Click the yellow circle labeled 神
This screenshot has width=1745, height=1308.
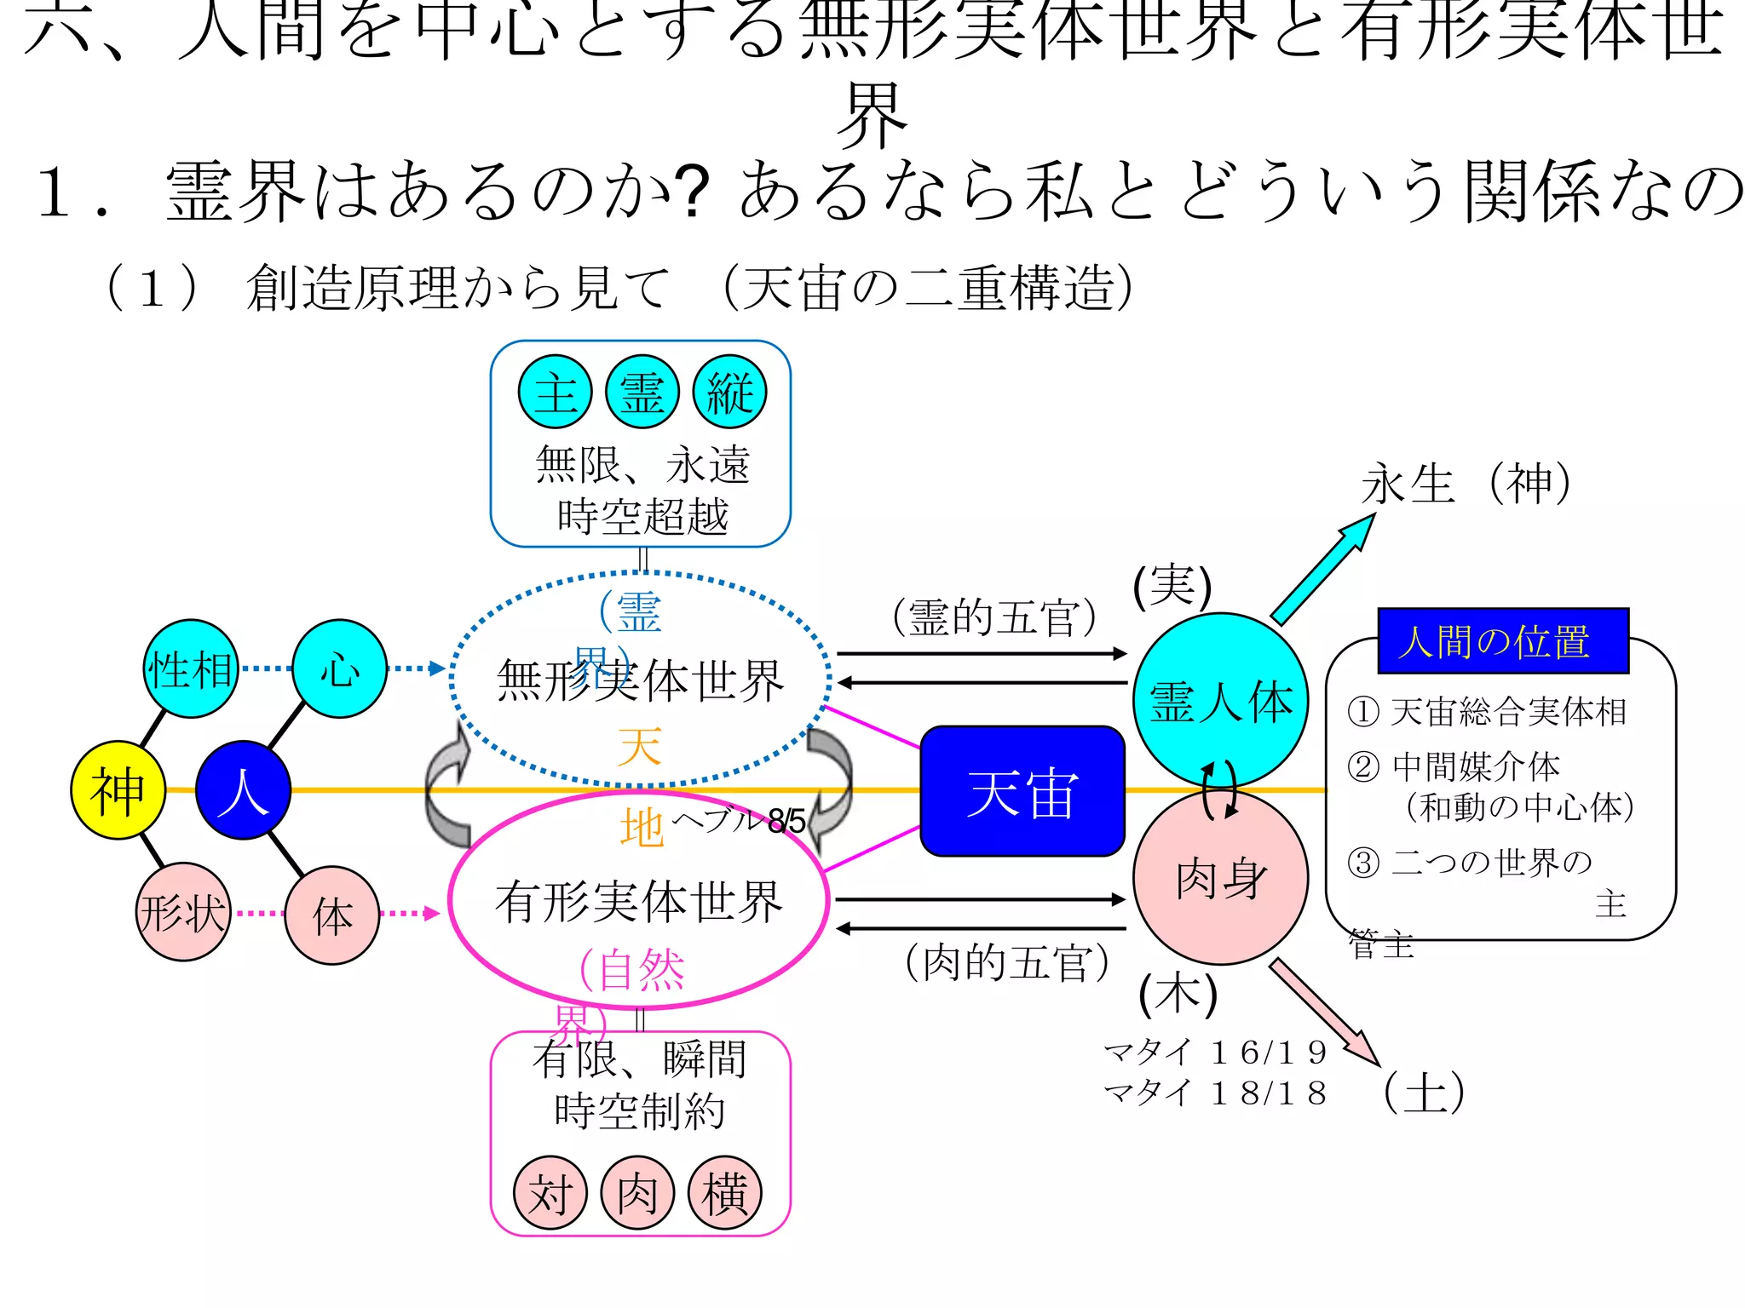click(118, 790)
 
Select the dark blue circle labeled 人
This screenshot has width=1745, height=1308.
click(244, 790)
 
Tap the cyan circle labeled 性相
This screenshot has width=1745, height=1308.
click(190, 668)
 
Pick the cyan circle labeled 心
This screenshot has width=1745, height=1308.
click(339, 668)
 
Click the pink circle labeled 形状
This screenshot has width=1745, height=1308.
click(183, 913)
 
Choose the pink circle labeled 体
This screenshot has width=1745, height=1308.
click(332, 915)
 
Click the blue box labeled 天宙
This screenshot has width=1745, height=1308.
click(1022, 791)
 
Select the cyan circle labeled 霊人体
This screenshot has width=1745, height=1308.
click(1220, 700)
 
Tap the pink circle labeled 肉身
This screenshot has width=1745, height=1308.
click(1220, 879)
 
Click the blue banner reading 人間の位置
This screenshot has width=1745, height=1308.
click(1503, 640)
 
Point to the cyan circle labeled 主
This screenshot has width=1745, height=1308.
click(556, 392)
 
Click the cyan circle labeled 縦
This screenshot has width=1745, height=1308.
click(729, 392)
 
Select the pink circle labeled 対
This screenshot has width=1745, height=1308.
click(550, 1192)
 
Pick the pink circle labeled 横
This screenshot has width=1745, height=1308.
click(724, 1192)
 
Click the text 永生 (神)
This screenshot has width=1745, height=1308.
click(1466, 484)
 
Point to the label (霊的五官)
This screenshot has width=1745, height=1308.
click(994, 617)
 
